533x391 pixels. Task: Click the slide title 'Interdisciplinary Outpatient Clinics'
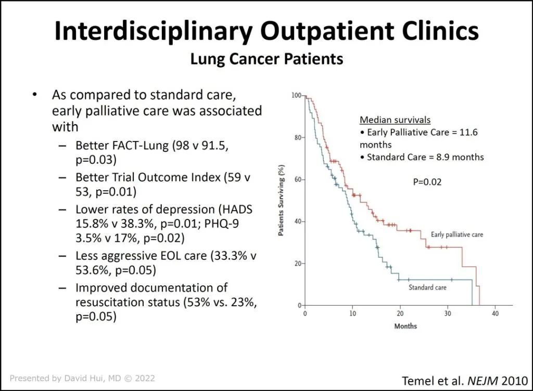pos(266,31)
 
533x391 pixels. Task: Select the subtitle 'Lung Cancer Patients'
pos(266,59)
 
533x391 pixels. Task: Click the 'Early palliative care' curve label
pos(457,235)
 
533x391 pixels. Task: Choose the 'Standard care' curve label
pos(427,287)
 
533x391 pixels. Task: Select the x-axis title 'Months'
pos(405,326)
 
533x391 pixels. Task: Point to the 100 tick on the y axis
pos(297,96)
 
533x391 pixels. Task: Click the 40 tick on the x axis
pos(496,314)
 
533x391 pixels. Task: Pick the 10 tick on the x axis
pos(352,314)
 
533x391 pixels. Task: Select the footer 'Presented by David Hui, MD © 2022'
pos(82,379)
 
